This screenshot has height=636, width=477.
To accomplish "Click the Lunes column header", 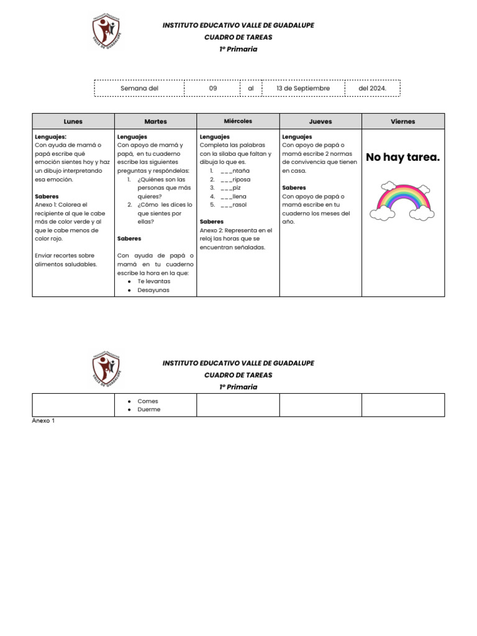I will [73, 122].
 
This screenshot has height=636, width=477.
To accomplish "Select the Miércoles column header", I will [238, 121].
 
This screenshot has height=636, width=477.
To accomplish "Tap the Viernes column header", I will [403, 122].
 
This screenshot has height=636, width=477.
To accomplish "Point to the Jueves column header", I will [320, 122].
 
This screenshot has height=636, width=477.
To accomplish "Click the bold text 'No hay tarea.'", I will [402, 157].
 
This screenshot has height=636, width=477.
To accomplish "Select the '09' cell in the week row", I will [212, 88].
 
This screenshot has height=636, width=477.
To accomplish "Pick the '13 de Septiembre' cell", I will [303, 88].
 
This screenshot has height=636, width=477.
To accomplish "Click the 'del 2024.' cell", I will [372, 88].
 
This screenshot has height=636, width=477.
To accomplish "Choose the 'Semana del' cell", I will [139, 88].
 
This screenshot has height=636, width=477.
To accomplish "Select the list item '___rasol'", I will [234, 204].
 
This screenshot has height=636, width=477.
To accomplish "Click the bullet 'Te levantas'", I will [153, 281].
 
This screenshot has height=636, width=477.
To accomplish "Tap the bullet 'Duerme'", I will [148, 410].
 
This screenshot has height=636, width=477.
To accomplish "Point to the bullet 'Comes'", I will [148, 401].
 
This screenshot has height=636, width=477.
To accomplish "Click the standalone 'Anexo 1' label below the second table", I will [43, 420].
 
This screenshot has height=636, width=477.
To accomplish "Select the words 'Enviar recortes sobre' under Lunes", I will [65, 255].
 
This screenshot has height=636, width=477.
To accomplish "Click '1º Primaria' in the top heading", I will [238, 49].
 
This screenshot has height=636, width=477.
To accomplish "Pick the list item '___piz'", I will [230, 187].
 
